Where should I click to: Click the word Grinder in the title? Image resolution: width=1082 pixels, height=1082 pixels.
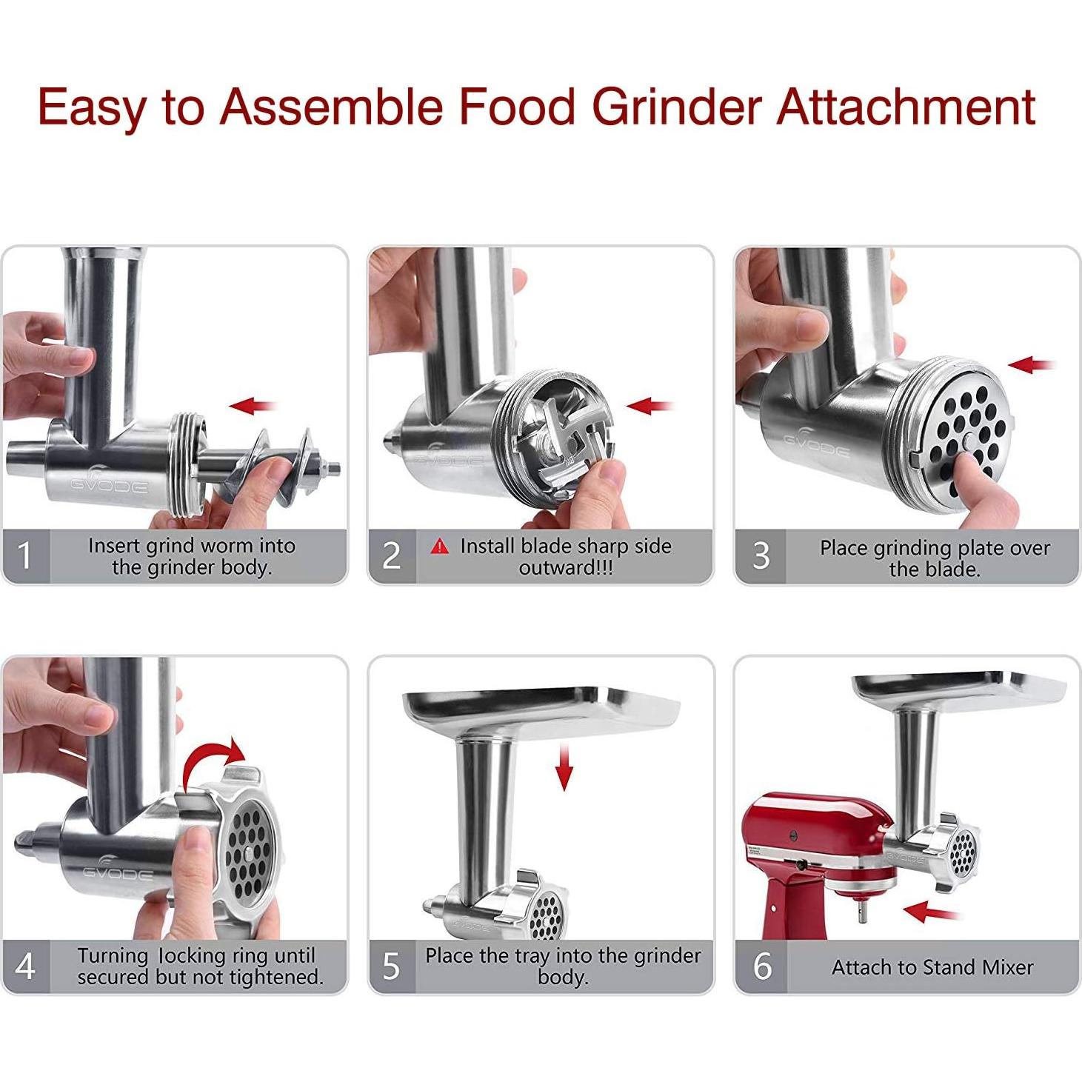(x=676, y=106)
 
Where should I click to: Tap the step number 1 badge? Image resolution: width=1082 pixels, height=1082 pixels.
(x=25, y=555)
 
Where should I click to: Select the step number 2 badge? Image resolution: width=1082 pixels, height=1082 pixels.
(x=391, y=555)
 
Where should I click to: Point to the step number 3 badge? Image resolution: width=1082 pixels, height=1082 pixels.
(x=761, y=556)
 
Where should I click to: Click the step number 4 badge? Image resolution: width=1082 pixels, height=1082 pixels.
(x=25, y=966)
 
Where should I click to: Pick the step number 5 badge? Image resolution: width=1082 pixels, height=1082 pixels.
(x=391, y=966)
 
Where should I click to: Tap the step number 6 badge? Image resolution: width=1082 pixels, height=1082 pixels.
(x=761, y=966)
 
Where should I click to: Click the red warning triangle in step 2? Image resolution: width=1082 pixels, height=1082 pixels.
(x=440, y=547)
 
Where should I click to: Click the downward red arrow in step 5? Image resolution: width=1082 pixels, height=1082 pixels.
(x=564, y=768)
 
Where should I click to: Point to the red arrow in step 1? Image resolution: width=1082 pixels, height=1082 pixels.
(x=253, y=405)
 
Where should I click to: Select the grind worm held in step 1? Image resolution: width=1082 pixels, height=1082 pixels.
(x=274, y=463)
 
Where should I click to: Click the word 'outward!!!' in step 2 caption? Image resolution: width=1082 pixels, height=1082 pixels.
(x=566, y=568)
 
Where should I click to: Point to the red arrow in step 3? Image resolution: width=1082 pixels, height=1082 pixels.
(x=1032, y=364)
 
